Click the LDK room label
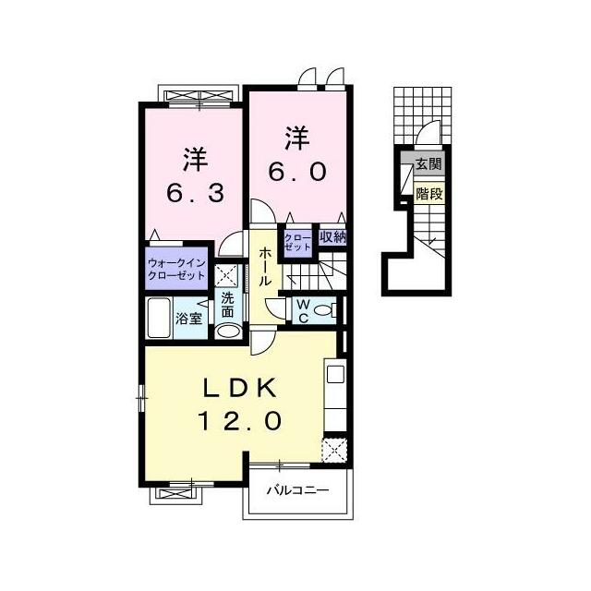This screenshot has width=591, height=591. (x=240, y=388)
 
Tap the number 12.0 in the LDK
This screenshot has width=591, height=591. (x=240, y=421)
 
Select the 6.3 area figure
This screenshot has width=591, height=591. (x=195, y=193)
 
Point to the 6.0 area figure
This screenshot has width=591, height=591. (x=297, y=172)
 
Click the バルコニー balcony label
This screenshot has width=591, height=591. (x=298, y=490)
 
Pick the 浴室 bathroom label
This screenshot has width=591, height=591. (x=189, y=319)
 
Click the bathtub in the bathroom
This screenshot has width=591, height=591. (x=159, y=318)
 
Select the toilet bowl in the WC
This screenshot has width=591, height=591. (x=322, y=310)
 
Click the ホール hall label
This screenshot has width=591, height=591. (x=265, y=266)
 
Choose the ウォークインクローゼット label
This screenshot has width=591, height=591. (x=176, y=269)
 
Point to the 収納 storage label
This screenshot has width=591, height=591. (x=332, y=237)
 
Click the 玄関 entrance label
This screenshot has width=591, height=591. (x=428, y=163)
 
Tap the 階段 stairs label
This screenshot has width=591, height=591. (x=428, y=194)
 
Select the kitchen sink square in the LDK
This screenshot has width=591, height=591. (x=335, y=373)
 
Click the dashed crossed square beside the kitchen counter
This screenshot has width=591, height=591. (x=334, y=451)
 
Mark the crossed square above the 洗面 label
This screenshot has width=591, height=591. (x=226, y=275)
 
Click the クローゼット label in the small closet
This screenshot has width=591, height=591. (x=297, y=242)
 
